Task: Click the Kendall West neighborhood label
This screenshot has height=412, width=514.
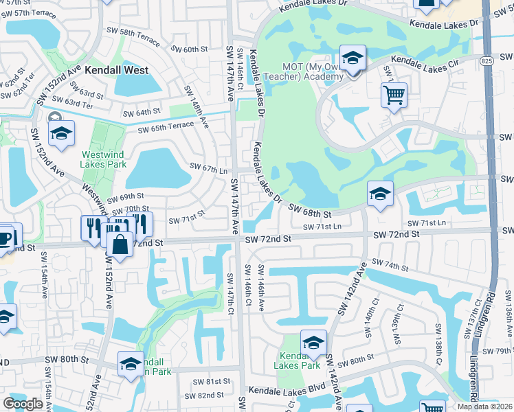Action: (117, 70)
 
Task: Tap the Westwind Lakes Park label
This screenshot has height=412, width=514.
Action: (103, 159)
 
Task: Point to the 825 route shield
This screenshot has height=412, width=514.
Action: (486, 60)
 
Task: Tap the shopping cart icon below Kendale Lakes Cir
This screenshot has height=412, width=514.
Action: (394, 95)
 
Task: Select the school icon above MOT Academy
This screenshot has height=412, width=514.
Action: (353, 58)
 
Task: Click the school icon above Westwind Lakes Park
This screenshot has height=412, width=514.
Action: (60, 133)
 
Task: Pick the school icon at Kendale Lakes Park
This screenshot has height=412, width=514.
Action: (313, 343)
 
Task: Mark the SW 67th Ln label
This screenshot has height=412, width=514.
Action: (208, 169)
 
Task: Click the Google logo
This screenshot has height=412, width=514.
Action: (23, 404)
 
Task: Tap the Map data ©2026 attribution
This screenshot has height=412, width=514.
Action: (484, 407)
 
